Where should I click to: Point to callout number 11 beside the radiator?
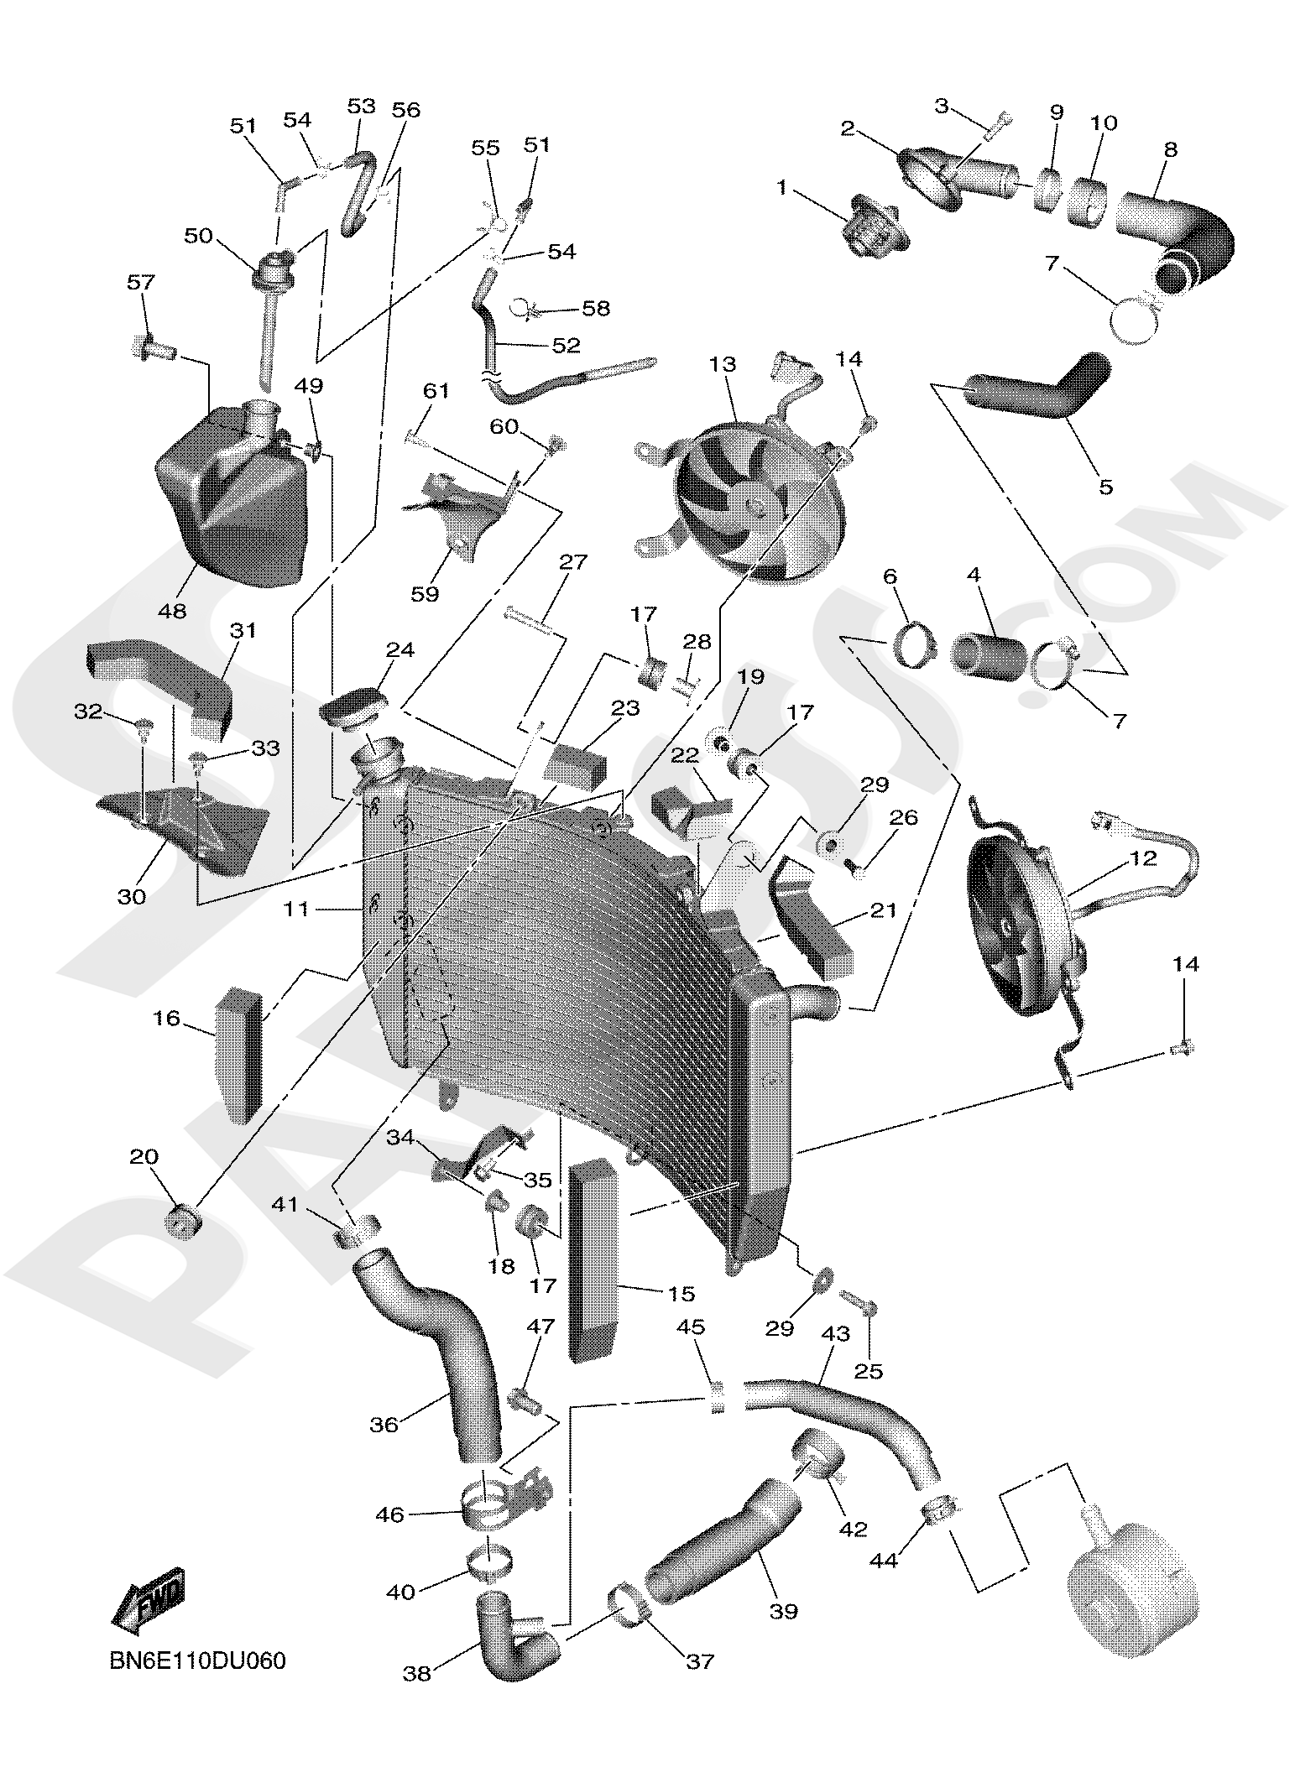point(296,909)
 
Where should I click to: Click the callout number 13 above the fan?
point(722,364)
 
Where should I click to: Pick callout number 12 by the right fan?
point(1143,858)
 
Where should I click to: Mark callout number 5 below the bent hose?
point(1105,486)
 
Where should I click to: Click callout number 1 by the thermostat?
point(782,187)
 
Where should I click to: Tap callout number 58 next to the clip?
point(596,308)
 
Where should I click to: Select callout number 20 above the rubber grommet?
point(144,1156)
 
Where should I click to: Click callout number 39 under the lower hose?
point(783,1611)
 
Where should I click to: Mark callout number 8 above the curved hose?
point(1170,149)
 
